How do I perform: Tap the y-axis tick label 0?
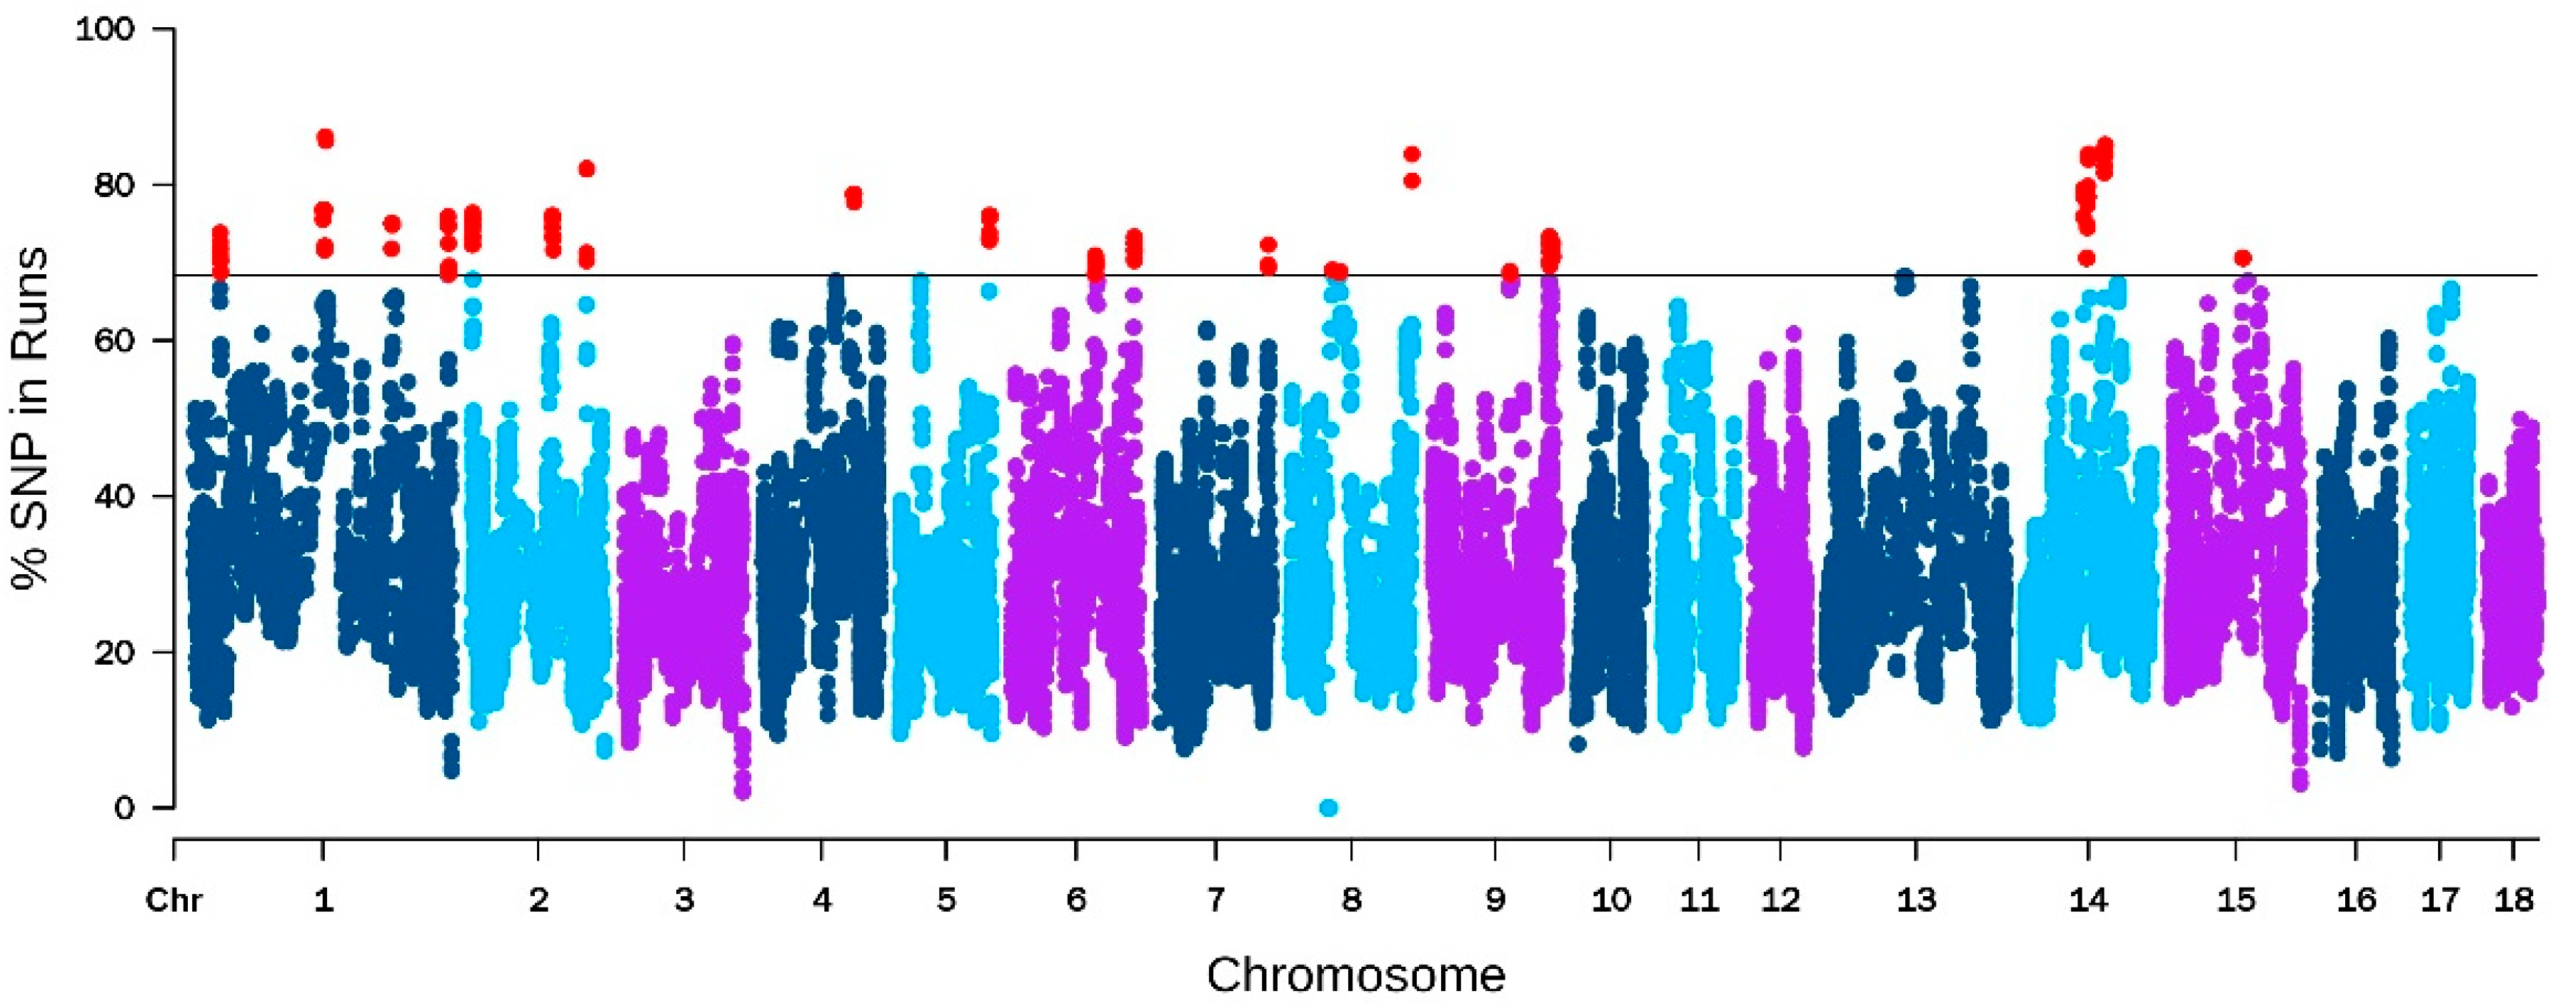124,808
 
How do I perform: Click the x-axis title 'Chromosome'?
1355,975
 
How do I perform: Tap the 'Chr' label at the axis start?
174,900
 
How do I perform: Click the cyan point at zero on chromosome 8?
1328,807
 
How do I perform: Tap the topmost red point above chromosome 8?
1411,154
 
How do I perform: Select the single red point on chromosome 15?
2242,258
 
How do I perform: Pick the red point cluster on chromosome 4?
853,197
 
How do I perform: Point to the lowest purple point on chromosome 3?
742,792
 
